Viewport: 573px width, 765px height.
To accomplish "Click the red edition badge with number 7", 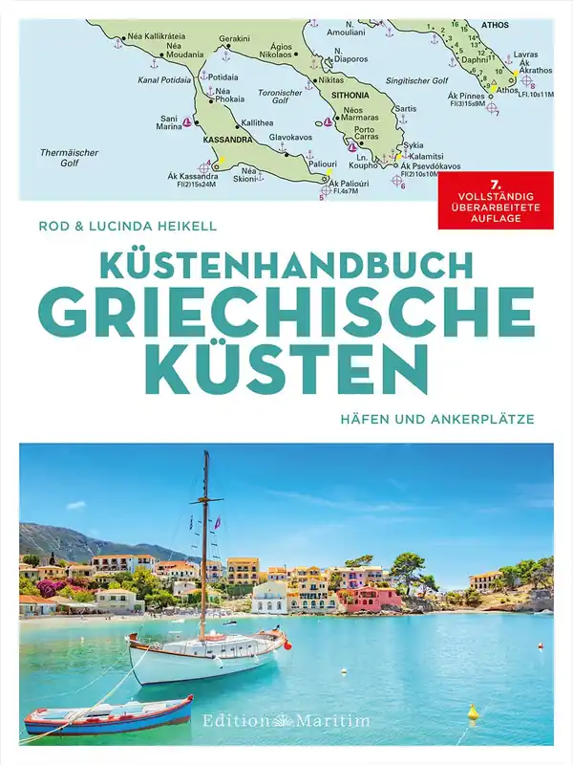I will click(495, 201).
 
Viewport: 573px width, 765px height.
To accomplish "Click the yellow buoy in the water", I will click(472, 711).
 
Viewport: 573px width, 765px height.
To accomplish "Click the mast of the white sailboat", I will click(204, 535).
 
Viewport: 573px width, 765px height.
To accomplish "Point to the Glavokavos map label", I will click(290, 137).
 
